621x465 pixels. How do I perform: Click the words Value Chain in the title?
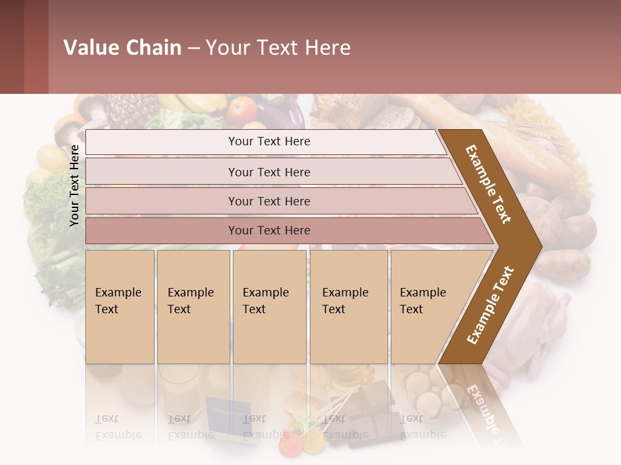[122, 48]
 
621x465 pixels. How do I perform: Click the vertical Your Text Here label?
[74, 185]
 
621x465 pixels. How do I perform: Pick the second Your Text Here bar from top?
[269, 172]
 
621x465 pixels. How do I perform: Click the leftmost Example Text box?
[120, 306]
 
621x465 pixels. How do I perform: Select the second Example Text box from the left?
[193, 306]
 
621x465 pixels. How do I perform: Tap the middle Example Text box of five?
[269, 306]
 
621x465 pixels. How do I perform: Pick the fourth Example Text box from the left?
[348, 306]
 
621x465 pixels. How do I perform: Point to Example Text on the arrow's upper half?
[488, 184]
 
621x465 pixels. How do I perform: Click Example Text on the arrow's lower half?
[490, 305]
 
